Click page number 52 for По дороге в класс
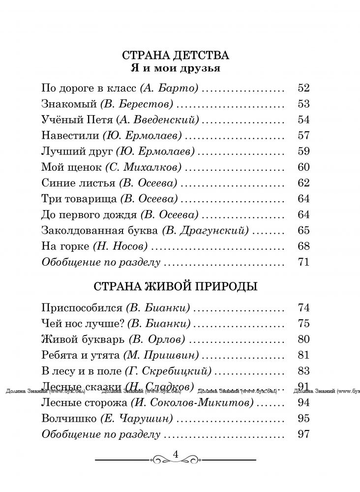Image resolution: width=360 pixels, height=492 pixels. pyautogui.click(x=303, y=89)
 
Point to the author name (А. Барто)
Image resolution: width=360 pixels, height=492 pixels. pyautogui.click(x=169, y=89)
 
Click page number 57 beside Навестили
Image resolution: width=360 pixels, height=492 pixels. pyautogui.click(x=303, y=135)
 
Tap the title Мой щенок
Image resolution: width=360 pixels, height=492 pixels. pyautogui.click(x=72, y=167)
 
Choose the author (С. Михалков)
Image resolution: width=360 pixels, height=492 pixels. pyautogui.click(x=143, y=167)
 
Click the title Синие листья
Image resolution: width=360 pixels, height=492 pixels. pyautogui.click(x=79, y=183)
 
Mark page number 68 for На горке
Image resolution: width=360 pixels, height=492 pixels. pyautogui.click(x=303, y=246)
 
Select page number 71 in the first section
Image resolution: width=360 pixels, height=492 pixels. pyautogui.click(x=303, y=262)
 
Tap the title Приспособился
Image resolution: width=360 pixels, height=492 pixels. pyautogui.click(x=82, y=308)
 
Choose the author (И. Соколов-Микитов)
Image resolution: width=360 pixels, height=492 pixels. pyautogui.click(x=192, y=403)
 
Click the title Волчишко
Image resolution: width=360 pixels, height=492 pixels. pyautogui.click(x=69, y=419)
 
